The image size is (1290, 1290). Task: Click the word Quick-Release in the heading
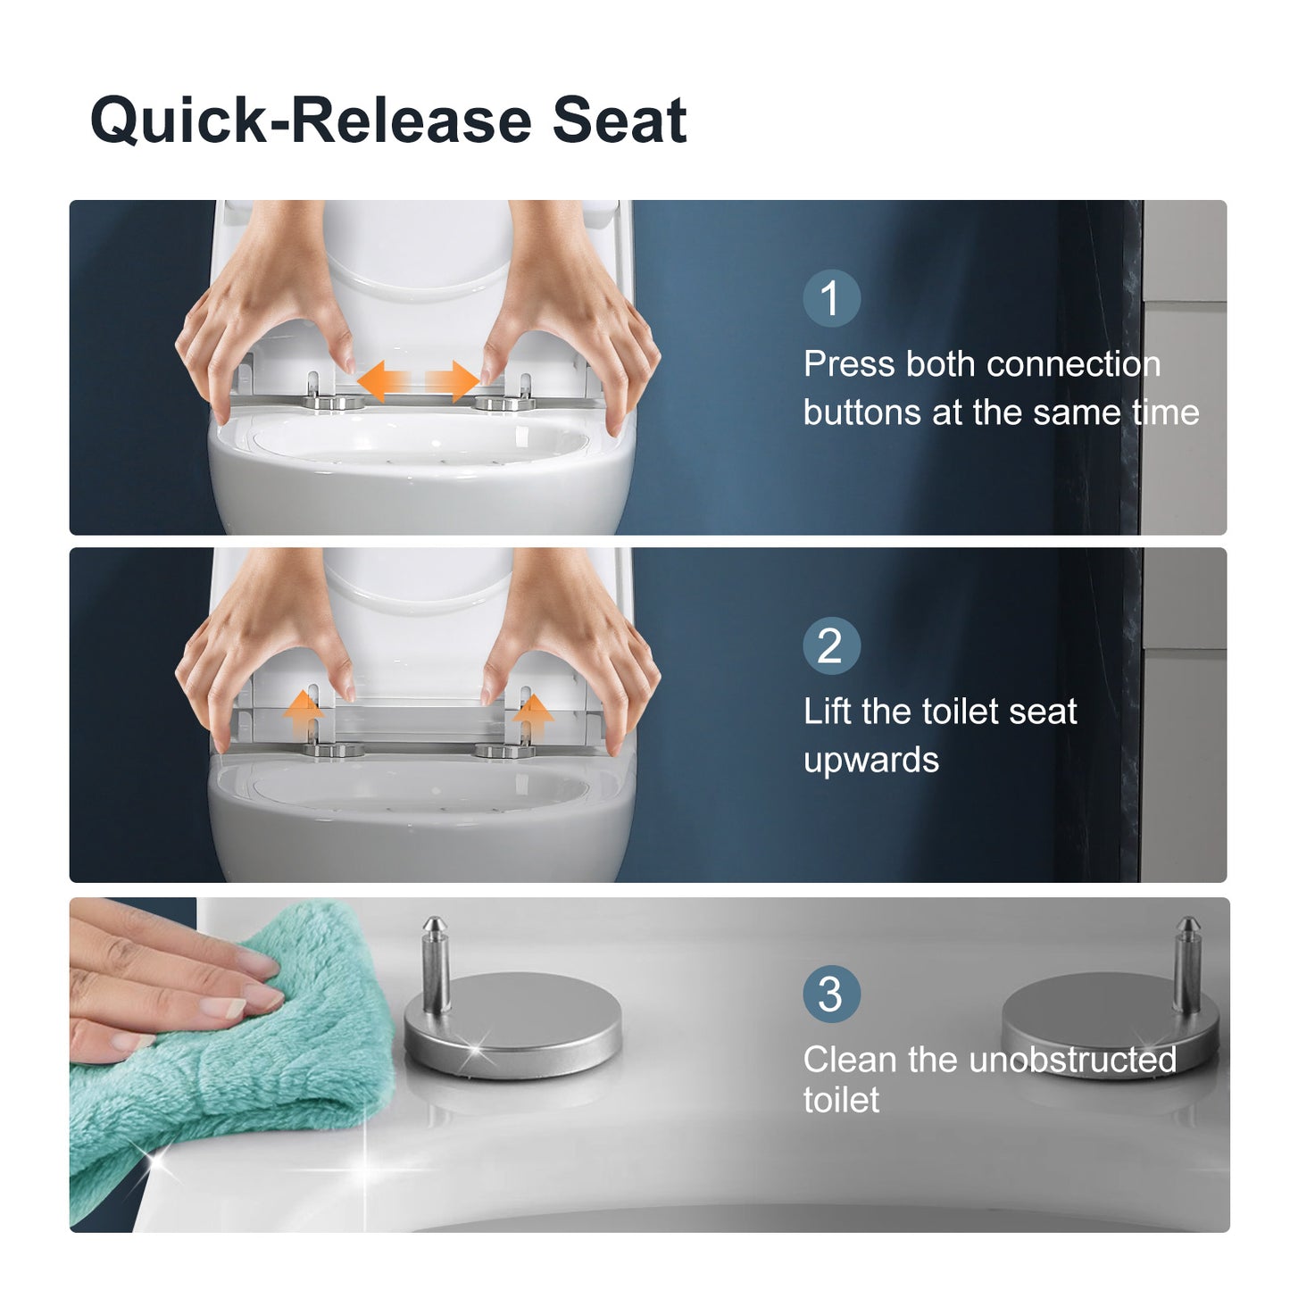point(311,121)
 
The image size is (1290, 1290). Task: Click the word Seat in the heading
point(620,121)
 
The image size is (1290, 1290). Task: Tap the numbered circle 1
point(831,298)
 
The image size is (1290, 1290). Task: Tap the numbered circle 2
point(831,646)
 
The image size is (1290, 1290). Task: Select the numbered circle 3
point(831,995)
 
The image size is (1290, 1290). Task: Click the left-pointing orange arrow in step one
point(384,381)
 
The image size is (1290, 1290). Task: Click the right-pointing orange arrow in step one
point(453,381)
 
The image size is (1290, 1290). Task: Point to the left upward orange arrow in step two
point(304,714)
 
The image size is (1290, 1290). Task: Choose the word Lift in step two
point(828,711)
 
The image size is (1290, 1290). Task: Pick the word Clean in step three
point(850,1060)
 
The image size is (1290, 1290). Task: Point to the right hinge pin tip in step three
point(1187,920)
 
